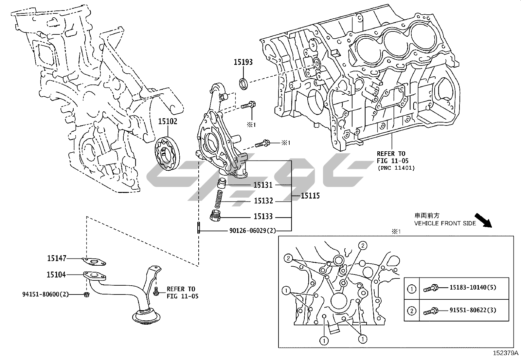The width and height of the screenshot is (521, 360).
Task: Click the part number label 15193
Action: [x=243, y=62]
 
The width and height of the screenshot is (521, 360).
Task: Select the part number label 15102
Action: [x=168, y=122]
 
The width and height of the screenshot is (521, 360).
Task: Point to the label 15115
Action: [x=310, y=196]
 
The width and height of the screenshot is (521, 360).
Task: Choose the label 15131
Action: [x=263, y=185]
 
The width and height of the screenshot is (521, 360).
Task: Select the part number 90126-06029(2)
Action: [x=252, y=231]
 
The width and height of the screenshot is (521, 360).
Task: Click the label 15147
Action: [x=57, y=258]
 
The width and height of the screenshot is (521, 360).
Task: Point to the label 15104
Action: [x=56, y=275]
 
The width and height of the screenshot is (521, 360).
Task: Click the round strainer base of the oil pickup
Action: [x=146, y=317]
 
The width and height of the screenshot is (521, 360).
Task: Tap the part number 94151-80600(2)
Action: [x=46, y=294]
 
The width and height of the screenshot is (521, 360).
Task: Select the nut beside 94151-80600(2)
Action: [x=87, y=294]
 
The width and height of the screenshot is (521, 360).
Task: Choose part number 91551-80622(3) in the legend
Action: [x=473, y=310]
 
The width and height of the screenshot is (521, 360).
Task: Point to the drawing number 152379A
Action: [x=506, y=353]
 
